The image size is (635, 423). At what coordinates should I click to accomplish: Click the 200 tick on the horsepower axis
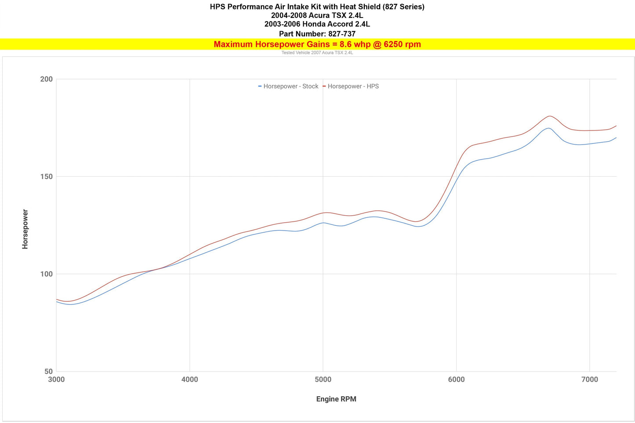46,79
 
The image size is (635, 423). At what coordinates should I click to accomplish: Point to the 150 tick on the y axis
46,177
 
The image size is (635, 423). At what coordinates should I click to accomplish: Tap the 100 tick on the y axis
46,274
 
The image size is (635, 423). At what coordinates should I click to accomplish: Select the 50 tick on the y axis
48,372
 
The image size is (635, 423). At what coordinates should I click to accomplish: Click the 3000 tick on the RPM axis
56,380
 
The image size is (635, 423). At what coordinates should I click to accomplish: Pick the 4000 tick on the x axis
189,380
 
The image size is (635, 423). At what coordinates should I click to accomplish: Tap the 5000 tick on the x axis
323,380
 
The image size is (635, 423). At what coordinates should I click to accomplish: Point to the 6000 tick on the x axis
456,380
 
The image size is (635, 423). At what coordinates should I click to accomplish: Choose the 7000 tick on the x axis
590,380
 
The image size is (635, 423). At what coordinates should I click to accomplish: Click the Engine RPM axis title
336,399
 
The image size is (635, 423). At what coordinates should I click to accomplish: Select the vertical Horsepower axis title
25,229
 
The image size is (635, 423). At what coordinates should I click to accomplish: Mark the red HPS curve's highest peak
549,116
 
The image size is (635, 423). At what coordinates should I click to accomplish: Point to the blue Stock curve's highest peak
548,128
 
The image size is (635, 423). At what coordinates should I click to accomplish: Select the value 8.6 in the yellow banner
345,44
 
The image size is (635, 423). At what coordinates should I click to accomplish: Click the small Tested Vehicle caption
317,53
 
